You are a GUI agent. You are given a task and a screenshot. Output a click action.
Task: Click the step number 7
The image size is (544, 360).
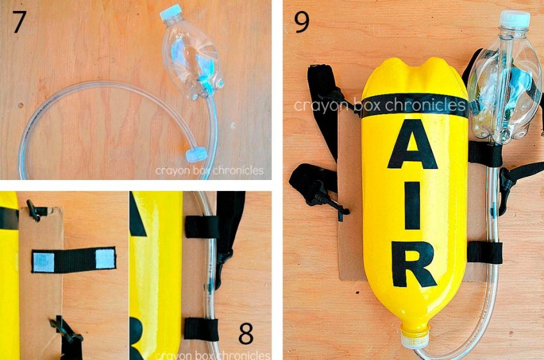(x=19, y=22)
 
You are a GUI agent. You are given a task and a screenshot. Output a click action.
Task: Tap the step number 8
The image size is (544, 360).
(x=246, y=333)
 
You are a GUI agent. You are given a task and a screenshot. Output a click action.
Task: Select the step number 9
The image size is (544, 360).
(x=301, y=22)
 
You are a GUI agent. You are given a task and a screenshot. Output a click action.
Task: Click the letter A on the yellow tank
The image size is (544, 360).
(x=413, y=144)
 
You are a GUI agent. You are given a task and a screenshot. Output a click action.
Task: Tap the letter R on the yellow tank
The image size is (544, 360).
(x=414, y=265)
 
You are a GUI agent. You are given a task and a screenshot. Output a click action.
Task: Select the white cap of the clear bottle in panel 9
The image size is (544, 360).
(x=515, y=19)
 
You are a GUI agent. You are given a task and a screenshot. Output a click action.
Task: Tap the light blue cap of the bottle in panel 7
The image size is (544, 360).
(x=171, y=13)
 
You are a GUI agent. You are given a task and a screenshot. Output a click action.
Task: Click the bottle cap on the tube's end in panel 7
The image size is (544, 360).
(x=196, y=154)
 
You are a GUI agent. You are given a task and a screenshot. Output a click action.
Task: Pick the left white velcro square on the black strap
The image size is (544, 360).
(x=44, y=263)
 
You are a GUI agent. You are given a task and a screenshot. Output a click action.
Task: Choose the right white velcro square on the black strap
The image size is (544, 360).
(x=105, y=258)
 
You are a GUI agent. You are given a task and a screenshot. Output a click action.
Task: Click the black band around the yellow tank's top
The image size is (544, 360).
(x=414, y=105)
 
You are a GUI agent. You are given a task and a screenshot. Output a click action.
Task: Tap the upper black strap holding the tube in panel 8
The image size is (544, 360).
(x=202, y=227)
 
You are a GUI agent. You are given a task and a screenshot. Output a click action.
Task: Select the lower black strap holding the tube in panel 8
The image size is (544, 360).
(x=201, y=329)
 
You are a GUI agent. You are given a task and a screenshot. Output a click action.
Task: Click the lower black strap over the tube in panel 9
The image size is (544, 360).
(x=485, y=252)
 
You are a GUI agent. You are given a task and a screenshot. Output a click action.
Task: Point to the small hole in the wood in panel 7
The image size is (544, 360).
(x=20, y=105)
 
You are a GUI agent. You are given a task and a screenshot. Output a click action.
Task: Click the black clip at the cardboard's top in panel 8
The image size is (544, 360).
(x=35, y=210)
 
